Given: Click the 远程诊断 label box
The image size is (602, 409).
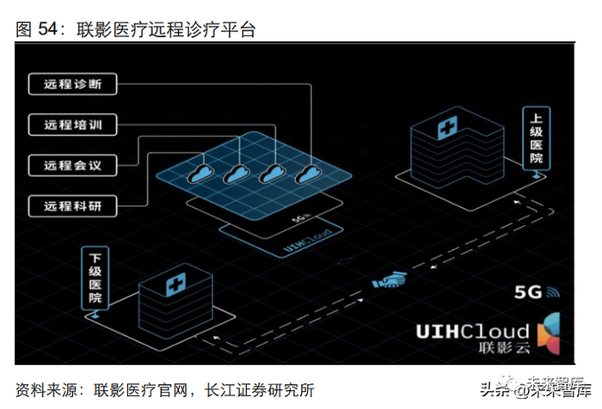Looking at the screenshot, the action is click(x=71, y=83).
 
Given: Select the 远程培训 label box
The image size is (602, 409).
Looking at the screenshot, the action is click(x=71, y=124).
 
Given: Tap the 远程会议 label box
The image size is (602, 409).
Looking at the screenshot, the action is click(x=71, y=164).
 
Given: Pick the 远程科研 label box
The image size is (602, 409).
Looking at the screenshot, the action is click(x=71, y=205).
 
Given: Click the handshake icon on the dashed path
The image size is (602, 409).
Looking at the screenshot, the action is click(x=390, y=281).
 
